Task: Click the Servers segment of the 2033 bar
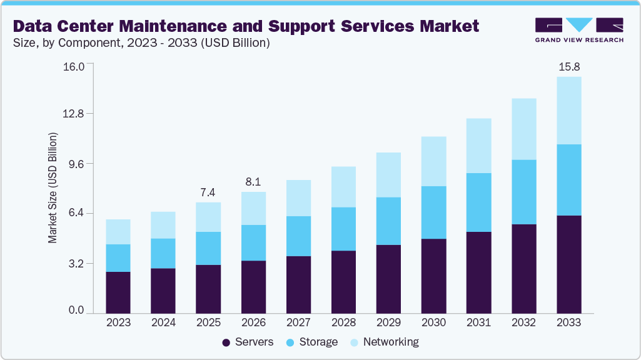tap(568, 264)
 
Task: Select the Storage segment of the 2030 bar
tap(433, 212)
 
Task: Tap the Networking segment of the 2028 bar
tap(343, 187)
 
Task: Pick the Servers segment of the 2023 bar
tap(118, 292)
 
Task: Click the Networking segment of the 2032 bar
tap(523, 129)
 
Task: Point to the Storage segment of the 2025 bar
tap(208, 248)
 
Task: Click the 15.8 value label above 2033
tap(568, 66)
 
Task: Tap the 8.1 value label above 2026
tap(253, 182)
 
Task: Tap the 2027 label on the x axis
tap(298, 322)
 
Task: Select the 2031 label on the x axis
tap(478, 322)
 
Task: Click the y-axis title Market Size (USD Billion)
tap(53, 188)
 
